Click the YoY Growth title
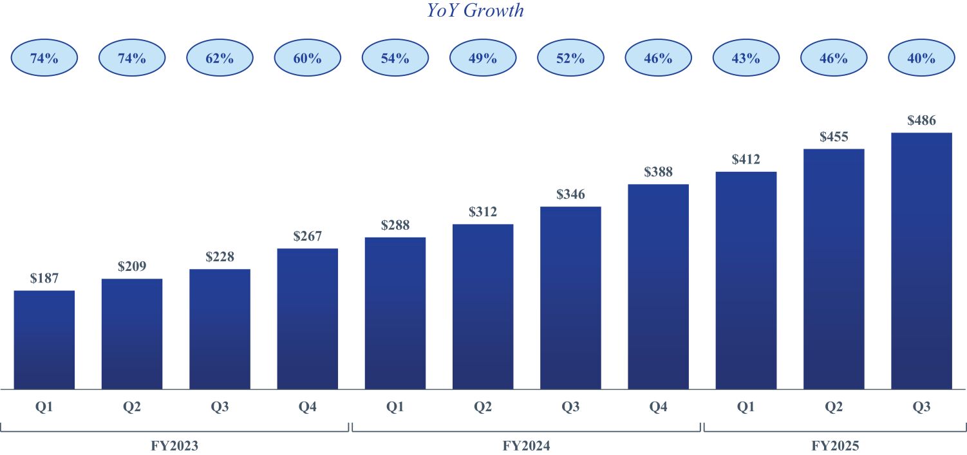click(x=476, y=11)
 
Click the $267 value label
click(x=308, y=236)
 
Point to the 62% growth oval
click(x=220, y=59)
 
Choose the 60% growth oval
click(x=308, y=59)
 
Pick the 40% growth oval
click(x=921, y=59)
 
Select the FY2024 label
click(x=527, y=445)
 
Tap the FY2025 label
click(x=836, y=445)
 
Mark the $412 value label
click(x=746, y=160)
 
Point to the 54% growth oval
click(x=395, y=59)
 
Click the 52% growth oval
click(x=570, y=59)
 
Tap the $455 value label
click(x=834, y=137)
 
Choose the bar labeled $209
click(x=132, y=334)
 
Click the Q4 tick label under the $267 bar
click(x=308, y=407)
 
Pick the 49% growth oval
click(x=483, y=59)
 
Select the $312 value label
click(x=483, y=212)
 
